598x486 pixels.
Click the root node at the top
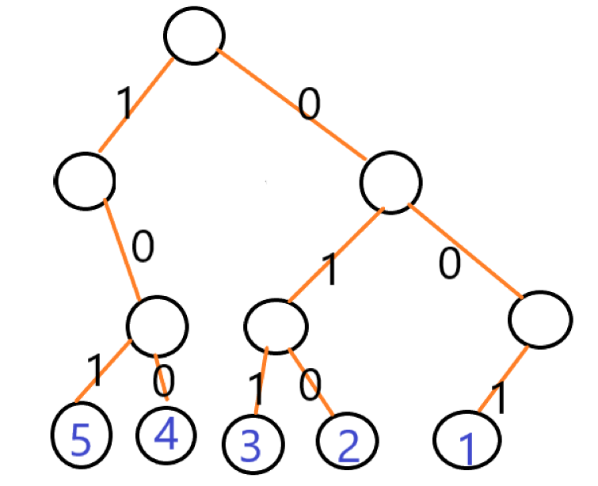tap(194, 36)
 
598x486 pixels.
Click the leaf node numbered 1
tap(468, 440)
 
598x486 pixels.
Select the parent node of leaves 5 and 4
tap(158, 325)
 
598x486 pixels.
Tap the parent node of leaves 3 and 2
tap(276, 325)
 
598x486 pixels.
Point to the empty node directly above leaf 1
tap(540, 318)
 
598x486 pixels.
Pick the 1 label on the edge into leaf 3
tap(256, 389)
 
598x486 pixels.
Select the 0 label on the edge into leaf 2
tap(310, 385)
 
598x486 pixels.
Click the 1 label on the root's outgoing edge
tap(124, 103)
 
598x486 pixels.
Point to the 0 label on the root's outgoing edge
tap(309, 104)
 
